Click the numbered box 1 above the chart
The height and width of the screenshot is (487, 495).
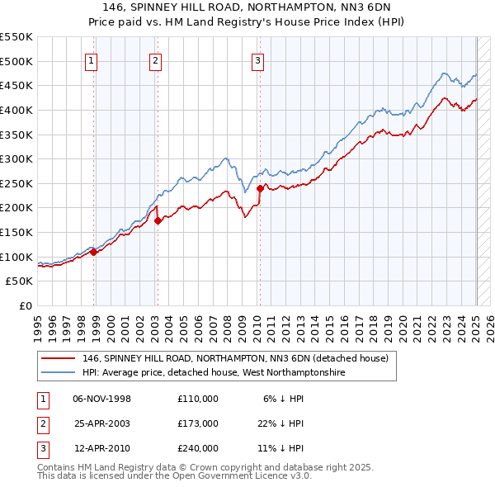tap(90, 59)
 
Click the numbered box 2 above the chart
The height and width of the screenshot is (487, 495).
tap(155, 59)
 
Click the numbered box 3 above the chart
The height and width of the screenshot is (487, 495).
tap(257, 59)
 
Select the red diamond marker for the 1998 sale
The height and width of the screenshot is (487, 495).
tap(94, 253)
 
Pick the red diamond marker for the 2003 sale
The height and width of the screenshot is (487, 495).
tap(158, 220)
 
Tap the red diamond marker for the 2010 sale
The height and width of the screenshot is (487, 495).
tap(260, 188)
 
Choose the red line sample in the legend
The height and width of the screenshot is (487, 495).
tap(59, 358)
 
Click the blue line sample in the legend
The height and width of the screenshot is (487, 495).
tap(59, 373)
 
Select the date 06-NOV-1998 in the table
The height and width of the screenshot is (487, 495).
tap(102, 399)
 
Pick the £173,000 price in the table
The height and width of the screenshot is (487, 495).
tap(197, 423)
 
